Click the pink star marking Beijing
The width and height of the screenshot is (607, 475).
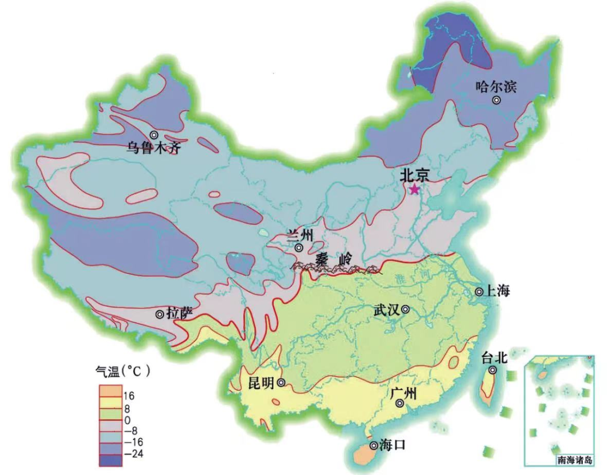click(x=414, y=189)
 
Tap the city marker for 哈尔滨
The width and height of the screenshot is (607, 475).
click(x=496, y=100)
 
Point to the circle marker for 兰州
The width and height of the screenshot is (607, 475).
click(x=299, y=247)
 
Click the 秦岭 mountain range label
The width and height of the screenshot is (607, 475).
click(x=332, y=260)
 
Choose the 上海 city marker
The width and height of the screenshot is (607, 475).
click(x=479, y=292)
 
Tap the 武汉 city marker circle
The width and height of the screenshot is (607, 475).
click(x=405, y=309)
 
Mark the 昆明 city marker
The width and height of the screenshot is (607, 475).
click(x=281, y=383)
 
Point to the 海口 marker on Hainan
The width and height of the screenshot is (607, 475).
click(x=373, y=446)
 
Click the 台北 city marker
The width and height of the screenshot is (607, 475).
click(x=492, y=370)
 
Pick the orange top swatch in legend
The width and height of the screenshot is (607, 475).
click(x=110, y=390)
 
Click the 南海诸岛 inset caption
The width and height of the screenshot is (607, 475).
click(x=574, y=460)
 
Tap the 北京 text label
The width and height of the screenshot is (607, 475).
click(x=415, y=175)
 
